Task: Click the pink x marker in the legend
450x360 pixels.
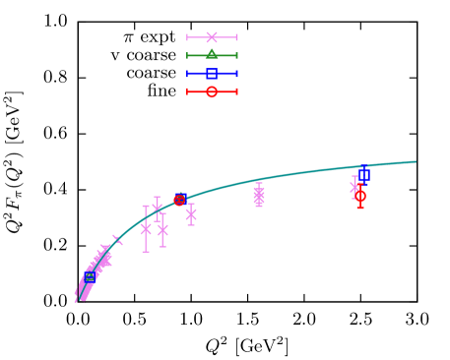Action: [x=212, y=37]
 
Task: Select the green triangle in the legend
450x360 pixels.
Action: [x=212, y=54]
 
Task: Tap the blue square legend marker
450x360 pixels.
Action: [x=212, y=73]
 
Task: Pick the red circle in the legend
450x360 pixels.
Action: [x=212, y=91]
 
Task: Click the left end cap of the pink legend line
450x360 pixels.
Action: [x=187, y=37]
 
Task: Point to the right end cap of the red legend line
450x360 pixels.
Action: [x=236, y=91]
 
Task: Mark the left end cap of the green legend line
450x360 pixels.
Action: [x=187, y=55]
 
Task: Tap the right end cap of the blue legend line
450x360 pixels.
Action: [x=236, y=73]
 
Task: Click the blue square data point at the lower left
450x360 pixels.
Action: [x=90, y=277]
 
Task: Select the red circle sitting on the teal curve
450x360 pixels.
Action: [x=179, y=200]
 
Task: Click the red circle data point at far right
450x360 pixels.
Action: [x=360, y=196]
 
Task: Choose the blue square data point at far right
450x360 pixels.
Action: [x=363, y=175]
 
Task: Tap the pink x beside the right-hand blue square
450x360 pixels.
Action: [x=355, y=186]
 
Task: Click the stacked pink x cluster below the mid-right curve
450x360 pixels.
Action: [x=259, y=196]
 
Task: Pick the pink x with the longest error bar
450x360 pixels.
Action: [x=146, y=228]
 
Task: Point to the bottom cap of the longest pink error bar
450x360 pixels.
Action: [x=146, y=252]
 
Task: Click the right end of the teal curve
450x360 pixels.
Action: [x=416, y=161]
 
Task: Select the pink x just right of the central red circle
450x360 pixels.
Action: [x=191, y=213]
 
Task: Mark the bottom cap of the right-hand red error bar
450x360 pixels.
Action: [x=360, y=209]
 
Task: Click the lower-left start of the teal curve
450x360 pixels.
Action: [x=76, y=301]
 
